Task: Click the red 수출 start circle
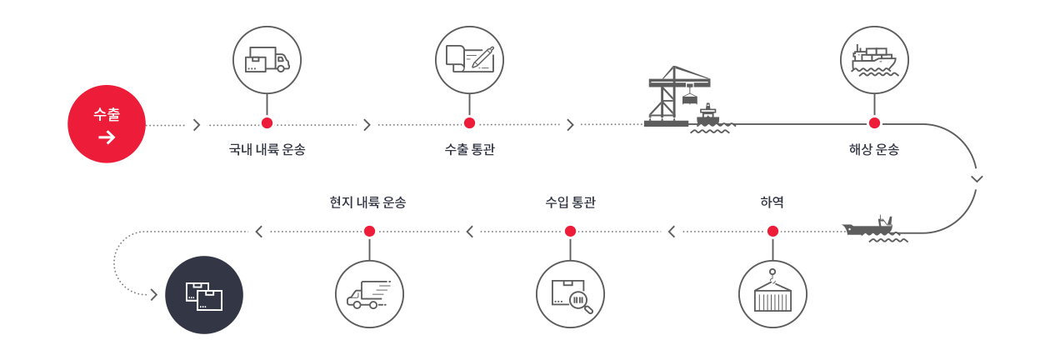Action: [x=107, y=124]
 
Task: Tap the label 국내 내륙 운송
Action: [x=267, y=150]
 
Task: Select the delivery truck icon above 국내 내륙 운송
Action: [x=267, y=60]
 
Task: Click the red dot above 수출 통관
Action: [x=469, y=123]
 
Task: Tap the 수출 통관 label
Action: [x=469, y=150]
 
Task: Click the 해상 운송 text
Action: [x=874, y=150]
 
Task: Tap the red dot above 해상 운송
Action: [x=874, y=123]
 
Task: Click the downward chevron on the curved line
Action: [x=977, y=178]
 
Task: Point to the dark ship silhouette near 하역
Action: [x=871, y=227]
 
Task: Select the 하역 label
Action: [x=772, y=202]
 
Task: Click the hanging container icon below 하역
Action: [x=772, y=294]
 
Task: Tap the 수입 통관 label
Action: [x=570, y=202]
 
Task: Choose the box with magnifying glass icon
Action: [x=570, y=294]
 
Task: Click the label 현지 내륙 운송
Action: [x=368, y=202]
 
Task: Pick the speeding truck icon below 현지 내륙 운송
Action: [x=369, y=294]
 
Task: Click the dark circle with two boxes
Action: [x=204, y=295]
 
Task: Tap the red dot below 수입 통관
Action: [x=570, y=231]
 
